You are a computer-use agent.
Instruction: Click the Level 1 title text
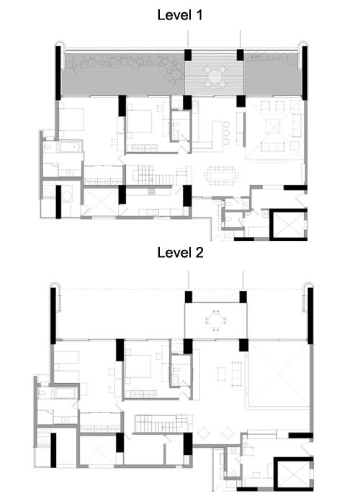click(x=180, y=15)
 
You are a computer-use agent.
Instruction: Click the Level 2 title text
click(x=180, y=253)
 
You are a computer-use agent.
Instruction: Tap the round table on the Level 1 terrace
click(x=215, y=76)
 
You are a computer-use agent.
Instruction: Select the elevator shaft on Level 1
click(x=288, y=225)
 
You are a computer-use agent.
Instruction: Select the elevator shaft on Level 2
click(x=293, y=474)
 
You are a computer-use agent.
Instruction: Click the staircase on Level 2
click(x=158, y=423)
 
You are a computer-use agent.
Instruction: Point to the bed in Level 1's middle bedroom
click(x=139, y=121)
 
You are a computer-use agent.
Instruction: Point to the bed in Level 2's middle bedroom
click(x=138, y=366)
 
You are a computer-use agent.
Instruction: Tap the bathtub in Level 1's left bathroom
click(x=71, y=147)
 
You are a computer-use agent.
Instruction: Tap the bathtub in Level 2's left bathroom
click(x=66, y=393)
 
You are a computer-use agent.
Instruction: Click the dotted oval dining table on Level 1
click(x=222, y=175)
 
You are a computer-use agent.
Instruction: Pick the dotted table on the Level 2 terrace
click(x=216, y=320)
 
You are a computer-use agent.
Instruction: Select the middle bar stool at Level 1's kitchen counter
click(x=227, y=132)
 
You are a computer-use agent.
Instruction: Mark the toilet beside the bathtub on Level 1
click(x=49, y=147)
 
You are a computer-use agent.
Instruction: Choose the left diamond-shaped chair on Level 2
click(x=204, y=433)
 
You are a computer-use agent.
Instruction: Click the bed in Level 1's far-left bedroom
click(x=71, y=119)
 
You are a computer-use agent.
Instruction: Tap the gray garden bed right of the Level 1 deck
click(x=273, y=74)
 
